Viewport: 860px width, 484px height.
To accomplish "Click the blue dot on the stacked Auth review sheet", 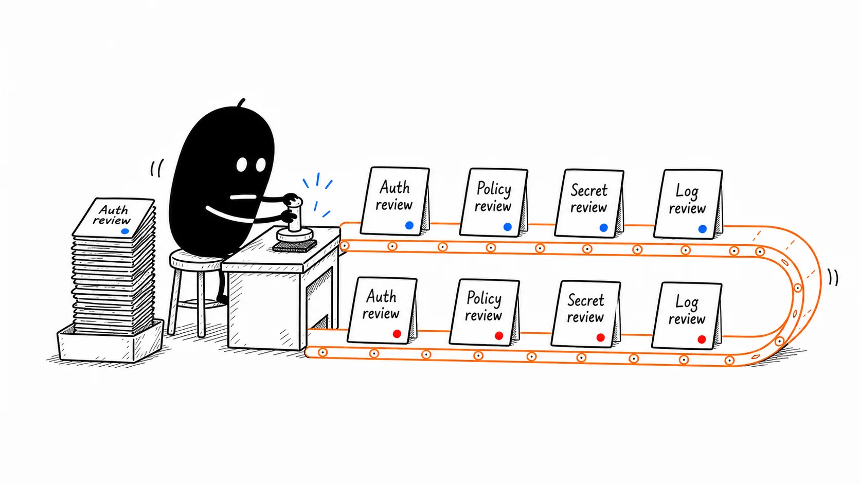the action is coord(125,231).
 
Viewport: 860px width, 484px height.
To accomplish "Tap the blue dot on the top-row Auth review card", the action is coord(409,225).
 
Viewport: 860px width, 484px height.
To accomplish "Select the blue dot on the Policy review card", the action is coord(508,227).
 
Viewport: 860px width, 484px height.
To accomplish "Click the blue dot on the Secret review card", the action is coord(603,228).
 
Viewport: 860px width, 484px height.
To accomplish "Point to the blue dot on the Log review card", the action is coord(703,229).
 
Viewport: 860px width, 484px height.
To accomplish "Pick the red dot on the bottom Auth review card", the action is coord(397,334).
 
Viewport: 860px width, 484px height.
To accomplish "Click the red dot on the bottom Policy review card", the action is coord(499,336).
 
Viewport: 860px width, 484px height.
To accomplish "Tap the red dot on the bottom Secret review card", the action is coord(601,337).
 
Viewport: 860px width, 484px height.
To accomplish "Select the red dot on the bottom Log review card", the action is coord(702,339).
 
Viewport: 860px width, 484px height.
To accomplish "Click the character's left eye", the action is coord(242,165).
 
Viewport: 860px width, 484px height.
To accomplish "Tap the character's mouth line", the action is coord(243,197).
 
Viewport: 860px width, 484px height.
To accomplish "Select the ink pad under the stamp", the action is coord(295,246).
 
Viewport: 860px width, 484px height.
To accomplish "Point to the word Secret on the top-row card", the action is coord(589,190).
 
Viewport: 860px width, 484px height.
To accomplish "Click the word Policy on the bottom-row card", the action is coord(483,299).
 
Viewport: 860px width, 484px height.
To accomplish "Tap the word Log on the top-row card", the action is coord(687,191).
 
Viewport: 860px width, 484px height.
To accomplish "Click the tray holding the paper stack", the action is coord(111,342).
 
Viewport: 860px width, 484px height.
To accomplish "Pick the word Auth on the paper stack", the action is coord(113,210).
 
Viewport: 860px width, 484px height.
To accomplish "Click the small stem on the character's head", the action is coord(241,103).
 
